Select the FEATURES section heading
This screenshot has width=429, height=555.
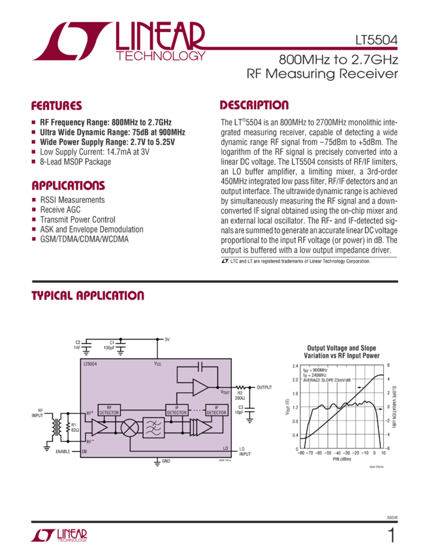click(x=57, y=106)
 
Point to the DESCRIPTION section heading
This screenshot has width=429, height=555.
click(x=253, y=105)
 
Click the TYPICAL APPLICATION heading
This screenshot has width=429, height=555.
click(x=87, y=296)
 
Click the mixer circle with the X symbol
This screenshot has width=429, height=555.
click(x=131, y=428)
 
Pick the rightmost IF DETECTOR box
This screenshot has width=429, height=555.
click(x=216, y=410)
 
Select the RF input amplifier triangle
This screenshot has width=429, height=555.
click(x=99, y=428)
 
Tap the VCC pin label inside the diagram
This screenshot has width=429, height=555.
click(x=157, y=363)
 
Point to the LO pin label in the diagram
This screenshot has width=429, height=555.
click(x=225, y=449)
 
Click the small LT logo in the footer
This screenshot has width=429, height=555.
click(x=59, y=536)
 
